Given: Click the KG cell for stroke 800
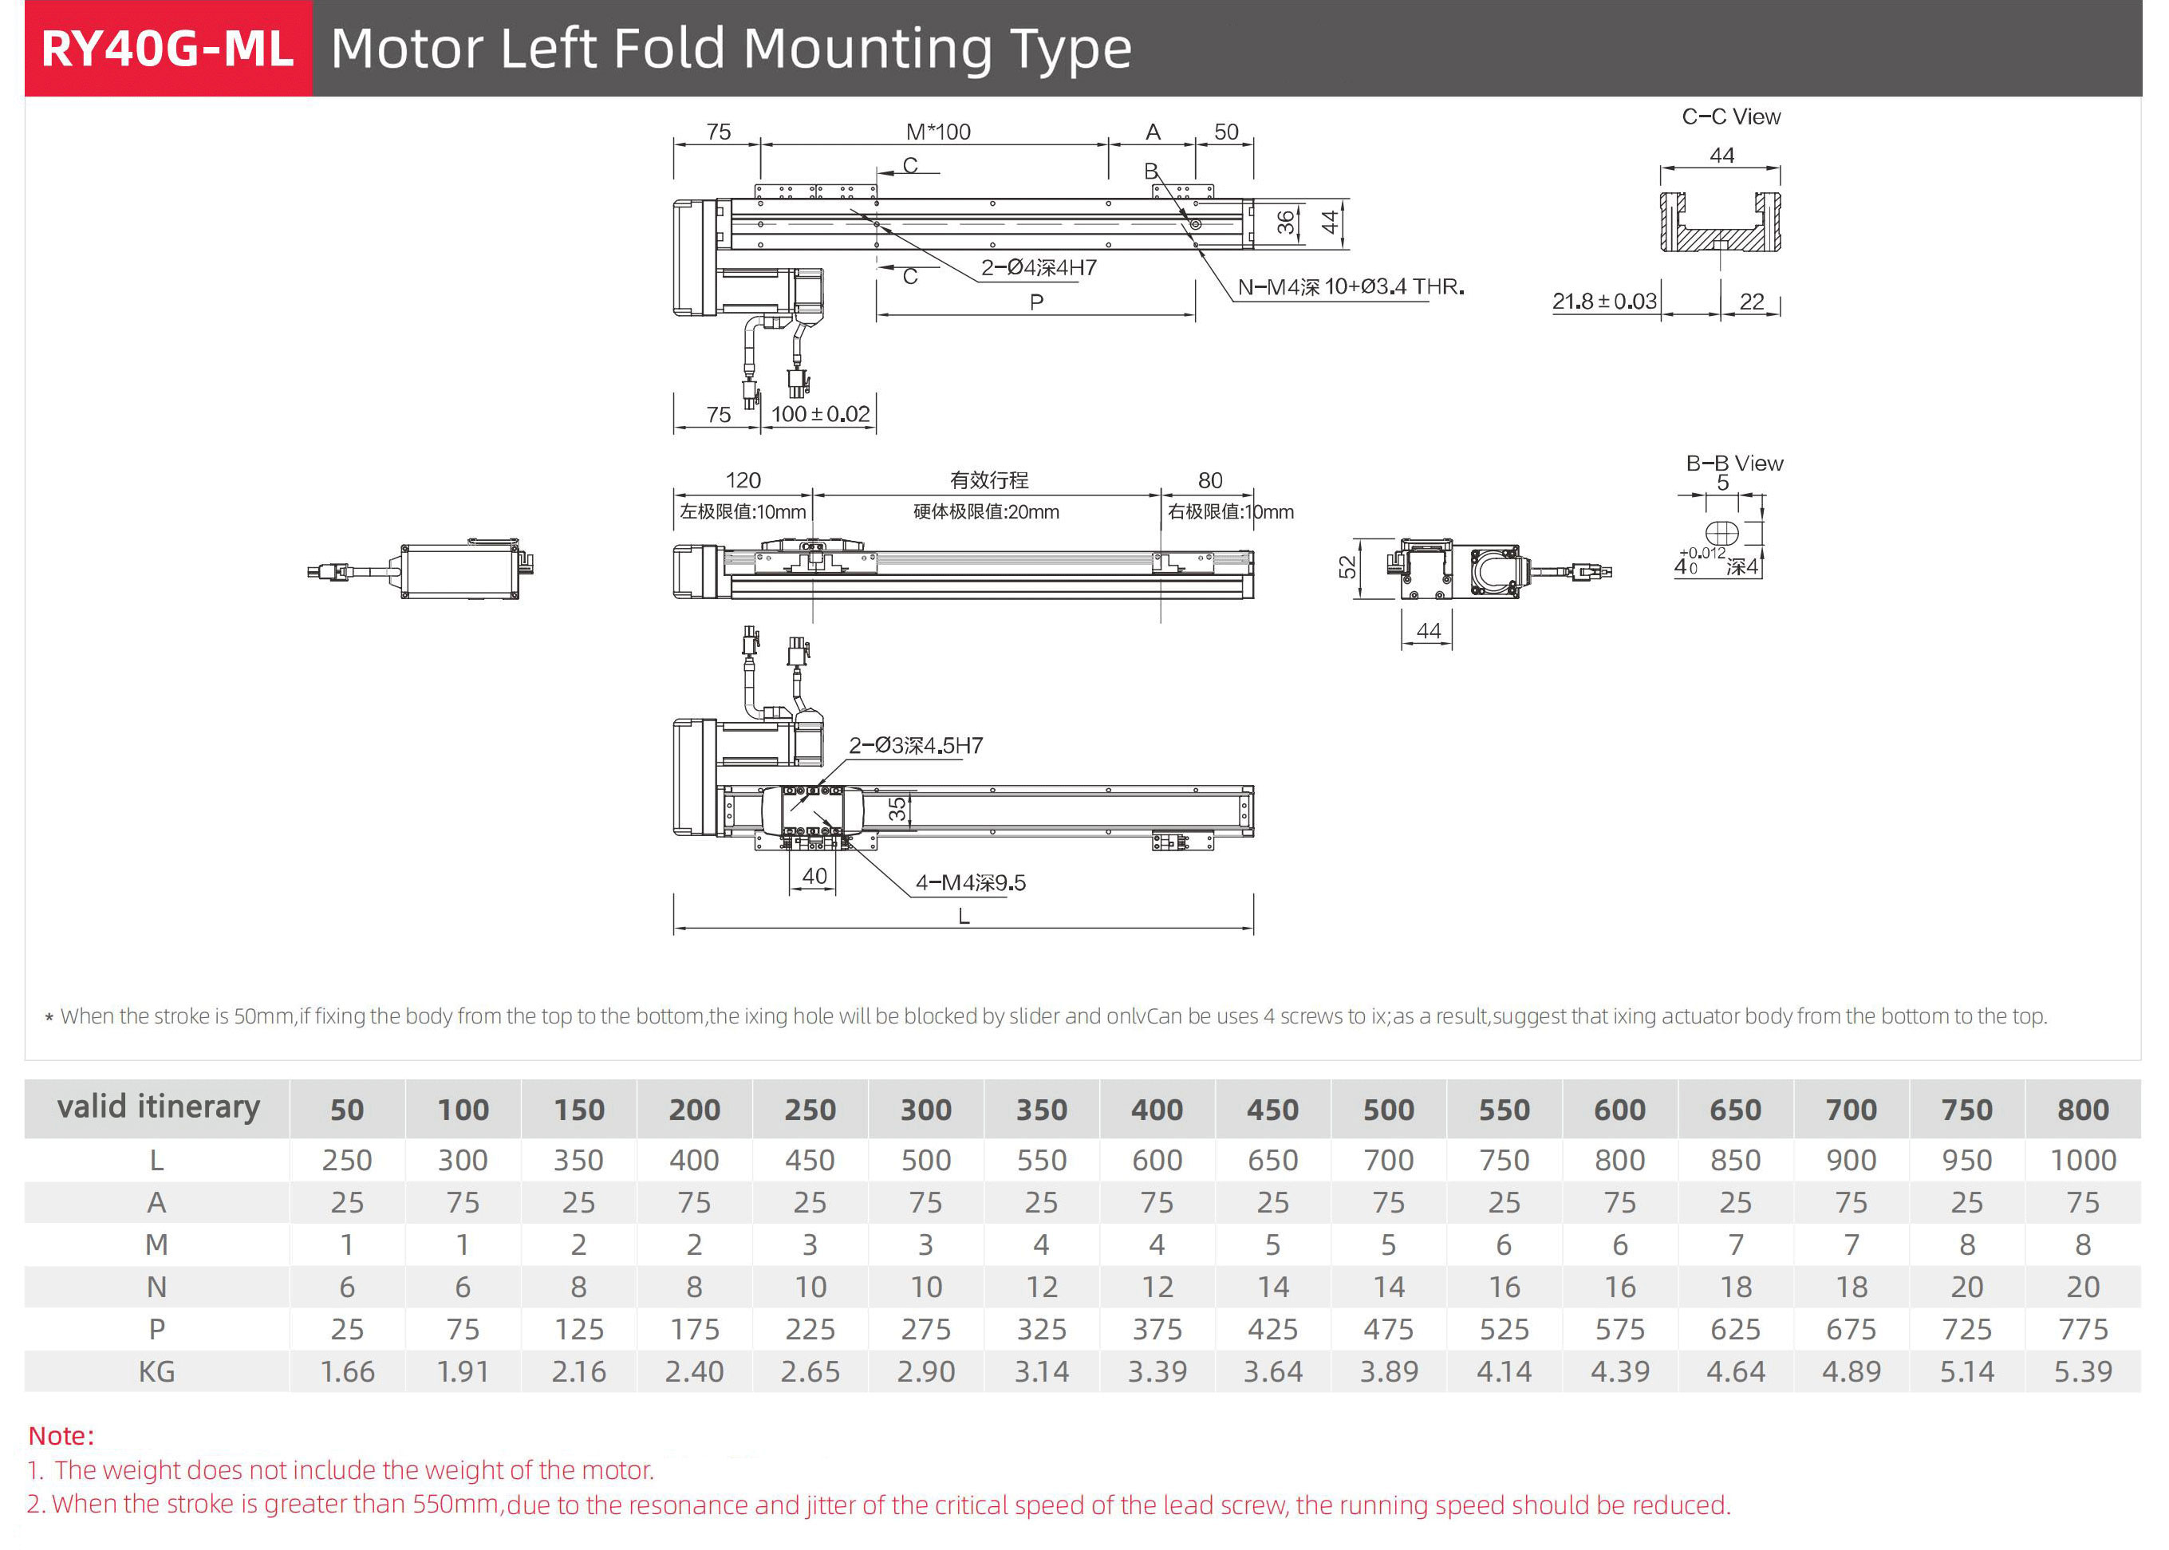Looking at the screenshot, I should click(2082, 1371).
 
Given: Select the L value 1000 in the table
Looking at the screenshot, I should click(2082, 1160).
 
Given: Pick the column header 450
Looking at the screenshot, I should click(1272, 1109).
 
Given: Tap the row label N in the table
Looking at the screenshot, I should click(156, 1287).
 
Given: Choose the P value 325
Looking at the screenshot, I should click(1041, 1328).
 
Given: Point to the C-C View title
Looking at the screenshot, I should click(1730, 116).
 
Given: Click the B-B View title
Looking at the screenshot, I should click(1734, 463).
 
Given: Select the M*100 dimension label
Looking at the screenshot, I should click(937, 132).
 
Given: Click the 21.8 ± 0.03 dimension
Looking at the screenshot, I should click(1603, 302).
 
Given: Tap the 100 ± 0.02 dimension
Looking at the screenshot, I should click(820, 414).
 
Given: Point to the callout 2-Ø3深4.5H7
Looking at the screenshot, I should click(915, 745).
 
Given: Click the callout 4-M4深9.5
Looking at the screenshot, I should click(971, 883).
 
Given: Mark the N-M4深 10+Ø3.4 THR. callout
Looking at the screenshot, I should click(1349, 286).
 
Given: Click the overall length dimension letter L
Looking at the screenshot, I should click(964, 917).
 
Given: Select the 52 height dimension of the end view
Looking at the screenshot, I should click(1347, 567).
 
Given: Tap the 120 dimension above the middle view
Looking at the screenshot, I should click(743, 480).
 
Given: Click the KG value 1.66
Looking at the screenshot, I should click(347, 1371).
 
